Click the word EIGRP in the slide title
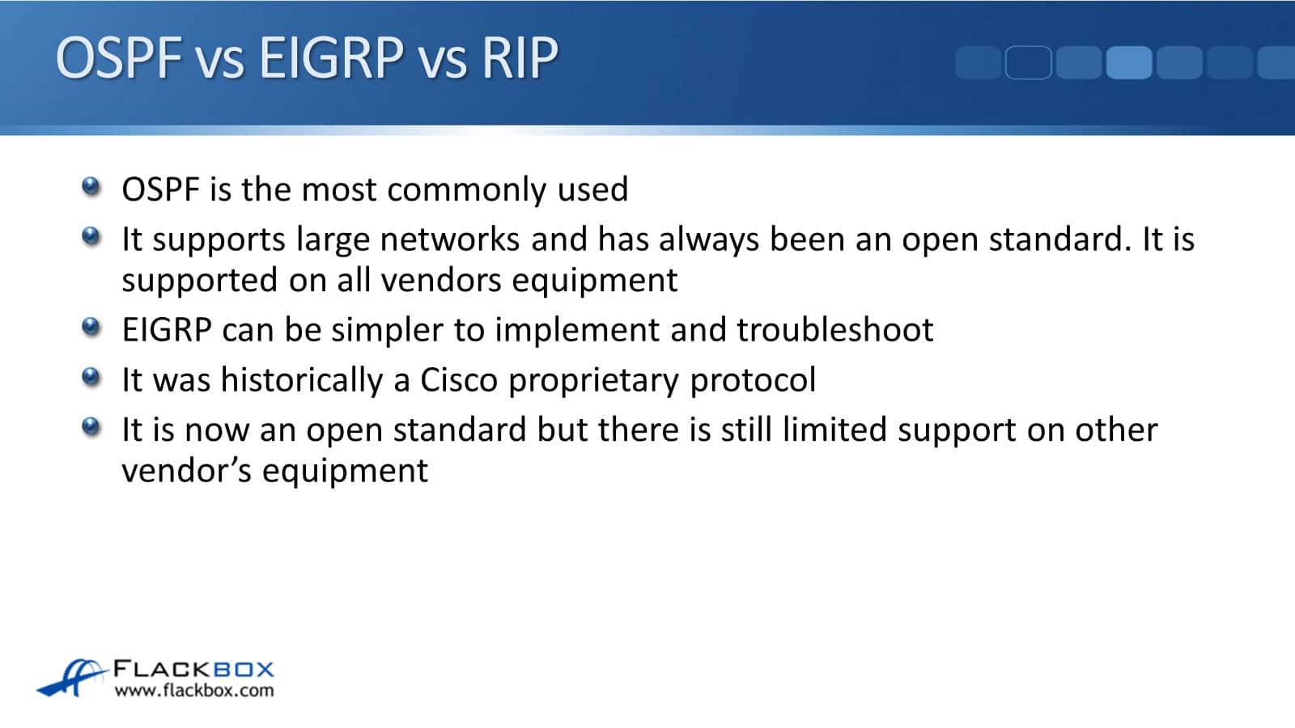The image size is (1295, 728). pos(331,57)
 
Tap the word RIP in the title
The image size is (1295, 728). pos(520,57)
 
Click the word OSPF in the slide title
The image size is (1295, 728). pos(118,57)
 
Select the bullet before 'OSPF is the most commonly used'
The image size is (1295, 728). pos(91,187)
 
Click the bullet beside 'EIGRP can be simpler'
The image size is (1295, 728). pos(91,327)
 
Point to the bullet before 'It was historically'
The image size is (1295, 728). pos(91,377)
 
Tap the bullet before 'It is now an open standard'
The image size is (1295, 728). pos(91,426)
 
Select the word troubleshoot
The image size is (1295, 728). pos(834,330)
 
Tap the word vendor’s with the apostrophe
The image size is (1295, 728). pos(187,470)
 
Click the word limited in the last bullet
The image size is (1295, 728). pos(834,430)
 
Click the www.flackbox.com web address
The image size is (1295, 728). pos(194,691)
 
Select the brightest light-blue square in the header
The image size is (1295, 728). pos(1129,62)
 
